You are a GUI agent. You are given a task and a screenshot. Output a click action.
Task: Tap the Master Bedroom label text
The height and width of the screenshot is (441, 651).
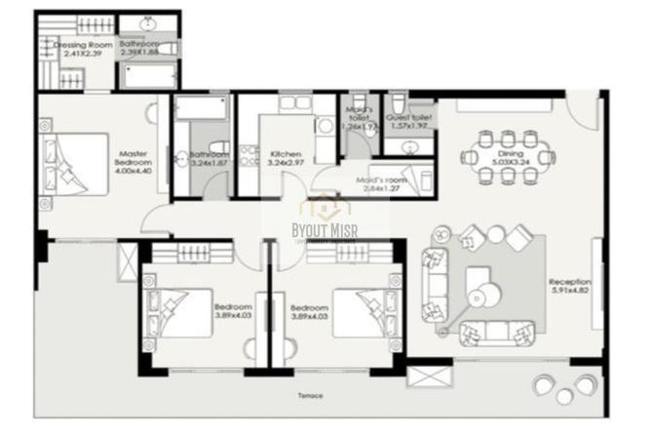tap(132, 159)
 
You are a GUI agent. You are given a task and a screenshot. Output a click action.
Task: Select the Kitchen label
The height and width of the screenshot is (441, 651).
tap(286, 155)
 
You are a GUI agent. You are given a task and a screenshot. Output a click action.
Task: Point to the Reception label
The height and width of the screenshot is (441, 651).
tap(570, 282)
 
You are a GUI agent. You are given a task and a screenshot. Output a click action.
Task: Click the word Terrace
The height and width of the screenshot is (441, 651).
tap(311, 395)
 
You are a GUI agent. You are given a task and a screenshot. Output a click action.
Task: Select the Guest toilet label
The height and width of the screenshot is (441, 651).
tap(409, 116)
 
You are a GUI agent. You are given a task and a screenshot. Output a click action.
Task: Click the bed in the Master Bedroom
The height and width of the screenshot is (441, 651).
tap(72, 163)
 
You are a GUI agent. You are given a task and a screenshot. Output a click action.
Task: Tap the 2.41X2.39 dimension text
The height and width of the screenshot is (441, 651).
tap(82, 54)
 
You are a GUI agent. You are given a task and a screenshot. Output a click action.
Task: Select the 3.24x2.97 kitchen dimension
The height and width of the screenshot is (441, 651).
tap(285, 165)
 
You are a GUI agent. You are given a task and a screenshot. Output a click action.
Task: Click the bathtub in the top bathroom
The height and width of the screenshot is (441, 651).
tap(149, 75)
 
